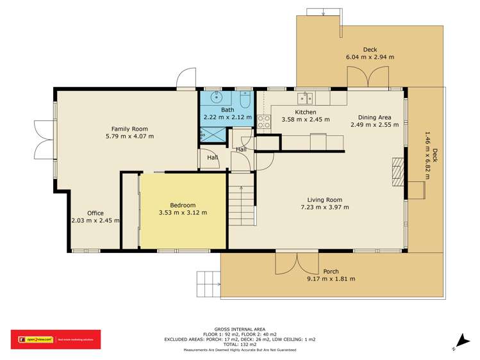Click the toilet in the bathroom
point(245,101)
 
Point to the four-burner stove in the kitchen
point(263,122)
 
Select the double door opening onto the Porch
point(297,263)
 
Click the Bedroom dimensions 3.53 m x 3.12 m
point(183,213)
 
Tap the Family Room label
point(130,129)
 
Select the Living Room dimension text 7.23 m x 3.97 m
point(325,207)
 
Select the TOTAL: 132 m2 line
point(240,345)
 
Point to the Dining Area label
point(374,117)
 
